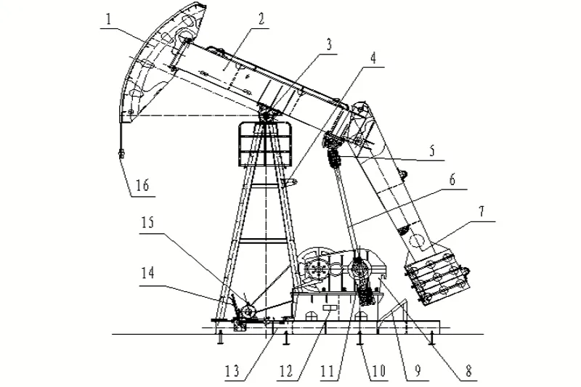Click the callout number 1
[108, 20]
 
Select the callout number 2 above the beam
[261, 19]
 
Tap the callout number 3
[328, 45]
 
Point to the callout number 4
[373, 58]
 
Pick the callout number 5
[431, 151]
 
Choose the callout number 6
[452, 180]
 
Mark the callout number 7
[481, 212]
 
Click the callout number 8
[468, 370]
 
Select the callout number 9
[418, 371]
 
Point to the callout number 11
[328, 371]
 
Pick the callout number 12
[285, 371]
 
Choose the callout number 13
[232, 371]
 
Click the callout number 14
[147, 273]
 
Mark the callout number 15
[147, 223]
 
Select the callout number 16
[142, 184]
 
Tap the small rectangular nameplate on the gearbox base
[330, 309]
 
